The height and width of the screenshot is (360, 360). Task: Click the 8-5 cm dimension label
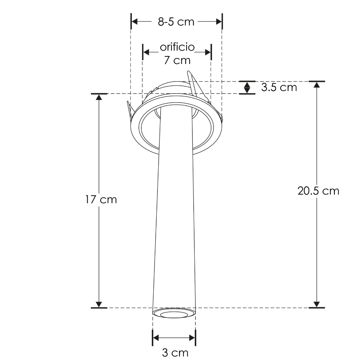[x=176, y=22]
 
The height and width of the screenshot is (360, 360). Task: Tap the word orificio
[x=177, y=47]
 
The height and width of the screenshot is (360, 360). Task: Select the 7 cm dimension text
[x=177, y=60]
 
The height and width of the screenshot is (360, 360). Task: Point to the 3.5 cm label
[x=279, y=88]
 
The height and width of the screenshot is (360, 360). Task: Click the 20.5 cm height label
[x=318, y=191]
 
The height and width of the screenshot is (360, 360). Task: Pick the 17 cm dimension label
[x=101, y=200]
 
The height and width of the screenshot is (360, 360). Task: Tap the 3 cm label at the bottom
[x=175, y=353]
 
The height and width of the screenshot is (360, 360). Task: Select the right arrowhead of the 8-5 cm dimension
[x=219, y=21]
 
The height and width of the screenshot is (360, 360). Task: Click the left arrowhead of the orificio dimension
[x=146, y=52]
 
